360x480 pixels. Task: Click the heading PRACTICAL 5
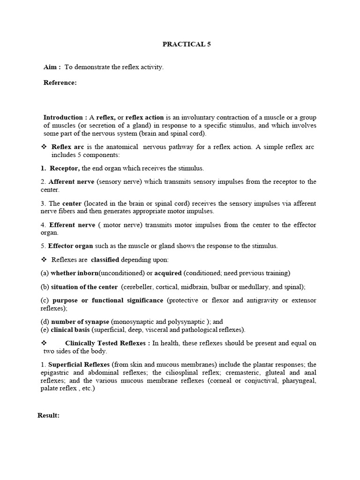click(x=183, y=44)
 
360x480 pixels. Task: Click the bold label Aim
click(x=52, y=67)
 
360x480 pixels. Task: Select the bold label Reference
click(x=60, y=82)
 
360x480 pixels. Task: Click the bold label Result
click(x=48, y=415)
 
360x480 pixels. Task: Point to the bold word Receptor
click(x=65, y=168)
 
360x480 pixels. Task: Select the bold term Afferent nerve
click(x=71, y=182)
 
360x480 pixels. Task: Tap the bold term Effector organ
click(x=71, y=246)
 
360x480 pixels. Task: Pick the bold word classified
click(x=105, y=259)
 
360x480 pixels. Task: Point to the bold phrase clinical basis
click(x=70, y=330)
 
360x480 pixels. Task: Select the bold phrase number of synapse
click(x=80, y=322)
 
